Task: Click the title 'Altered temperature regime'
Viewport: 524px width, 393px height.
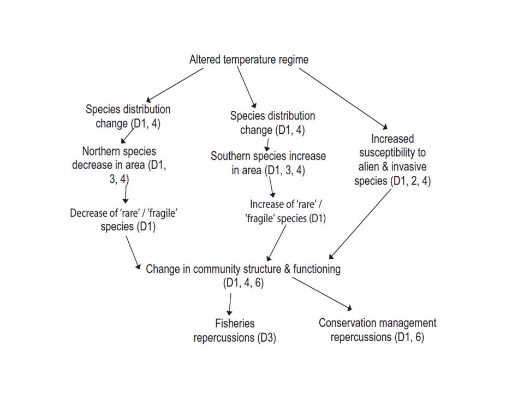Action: pyautogui.click(x=248, y=59)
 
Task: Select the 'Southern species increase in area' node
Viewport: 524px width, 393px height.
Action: pyautogui.click(x=268, y=163)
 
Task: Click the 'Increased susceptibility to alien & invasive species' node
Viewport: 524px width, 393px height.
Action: pyautogui.click(x=392, y=160)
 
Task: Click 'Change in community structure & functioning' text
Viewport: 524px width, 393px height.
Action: pyautogui.click(x=243, y=269)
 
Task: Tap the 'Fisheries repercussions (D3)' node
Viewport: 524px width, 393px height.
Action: pyautogui.click(x=235, y=330)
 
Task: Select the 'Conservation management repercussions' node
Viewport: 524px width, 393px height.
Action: pyautogui.click(x=377, y=330)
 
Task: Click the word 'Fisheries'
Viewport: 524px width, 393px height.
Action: pyautogui.click(x=235, y=323)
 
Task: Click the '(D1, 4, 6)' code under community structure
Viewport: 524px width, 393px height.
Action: pyautogui.click(x=243, y=283)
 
